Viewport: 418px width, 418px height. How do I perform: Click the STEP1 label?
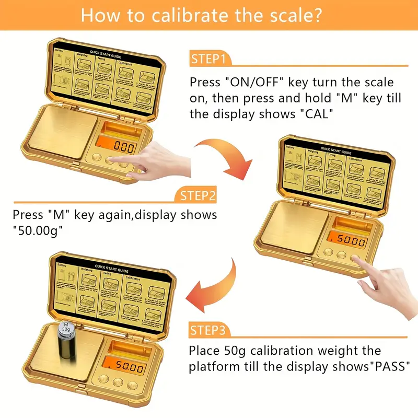pos(207,59)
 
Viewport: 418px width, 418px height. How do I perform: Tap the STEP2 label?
pos(198,196)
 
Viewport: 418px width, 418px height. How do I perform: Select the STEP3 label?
pos(207,330)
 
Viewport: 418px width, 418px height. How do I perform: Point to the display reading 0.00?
pos(124,147)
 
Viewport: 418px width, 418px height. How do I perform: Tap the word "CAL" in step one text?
pos(316,114)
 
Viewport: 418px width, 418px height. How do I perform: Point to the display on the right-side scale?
pos(350,241)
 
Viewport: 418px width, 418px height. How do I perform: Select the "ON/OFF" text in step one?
pos(252,83)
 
